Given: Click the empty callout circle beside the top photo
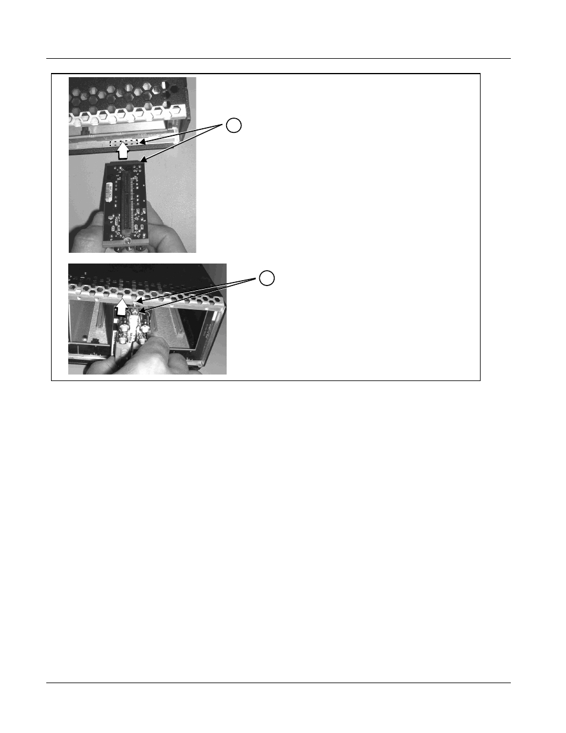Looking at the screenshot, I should click(x=234, y=126).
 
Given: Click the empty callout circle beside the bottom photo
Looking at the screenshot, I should click(x=268, y=277).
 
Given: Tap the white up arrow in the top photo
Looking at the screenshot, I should click(x=122, y=153).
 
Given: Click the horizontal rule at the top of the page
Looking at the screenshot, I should click(x=279, y=58).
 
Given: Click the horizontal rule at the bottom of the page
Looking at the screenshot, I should click(x=279, y=683).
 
